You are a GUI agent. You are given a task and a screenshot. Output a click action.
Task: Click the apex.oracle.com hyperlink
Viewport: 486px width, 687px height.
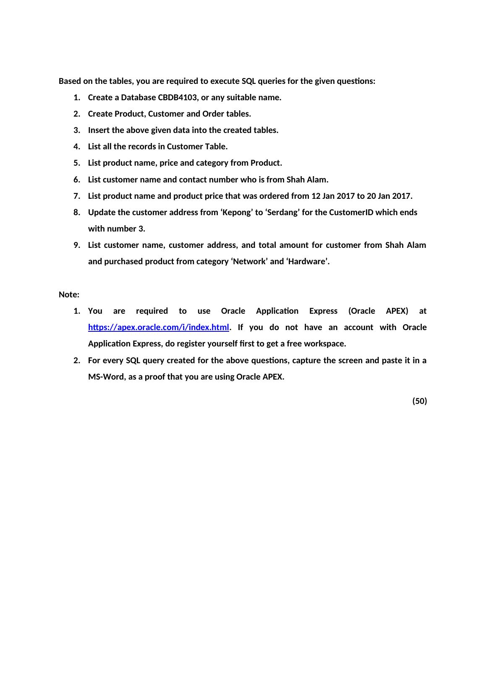coord(159,327)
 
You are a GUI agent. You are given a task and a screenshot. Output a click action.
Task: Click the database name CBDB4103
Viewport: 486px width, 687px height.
coord(177,97)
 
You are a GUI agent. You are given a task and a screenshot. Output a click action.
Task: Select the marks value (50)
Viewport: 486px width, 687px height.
coord(419,401)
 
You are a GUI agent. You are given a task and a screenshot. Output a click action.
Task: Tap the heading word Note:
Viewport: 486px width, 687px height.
coord(69,294)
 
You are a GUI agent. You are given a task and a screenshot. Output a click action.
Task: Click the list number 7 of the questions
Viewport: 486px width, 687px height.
coord(76,196)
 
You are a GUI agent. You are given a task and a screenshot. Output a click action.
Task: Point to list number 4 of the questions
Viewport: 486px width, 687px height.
coord(76,146)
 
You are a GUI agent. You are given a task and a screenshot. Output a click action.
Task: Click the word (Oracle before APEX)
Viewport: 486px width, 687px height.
coord(361,311)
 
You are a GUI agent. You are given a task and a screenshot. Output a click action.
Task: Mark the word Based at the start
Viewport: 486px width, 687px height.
coord(70,81)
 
